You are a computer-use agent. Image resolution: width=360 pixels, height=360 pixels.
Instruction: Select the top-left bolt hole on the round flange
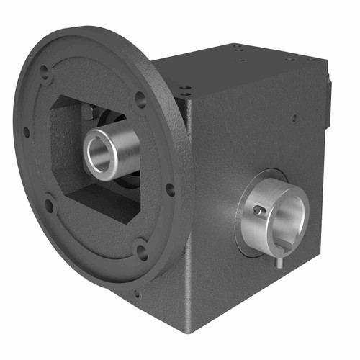tap(45, 72)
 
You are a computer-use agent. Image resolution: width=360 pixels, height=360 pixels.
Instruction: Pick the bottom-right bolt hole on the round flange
tap(142, 251)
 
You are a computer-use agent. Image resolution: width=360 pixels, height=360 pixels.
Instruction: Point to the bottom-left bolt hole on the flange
tap(49, 206)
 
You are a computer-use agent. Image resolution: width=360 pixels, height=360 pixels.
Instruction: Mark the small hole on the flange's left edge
tap(26, 132)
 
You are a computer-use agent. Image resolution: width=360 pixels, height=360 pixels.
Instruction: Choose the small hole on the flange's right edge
tap(170, 190)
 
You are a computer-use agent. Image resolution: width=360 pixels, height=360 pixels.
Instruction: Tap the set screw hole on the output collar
tap(257, 211)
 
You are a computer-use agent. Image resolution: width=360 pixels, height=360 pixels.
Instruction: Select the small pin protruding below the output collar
tap(276, 264)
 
